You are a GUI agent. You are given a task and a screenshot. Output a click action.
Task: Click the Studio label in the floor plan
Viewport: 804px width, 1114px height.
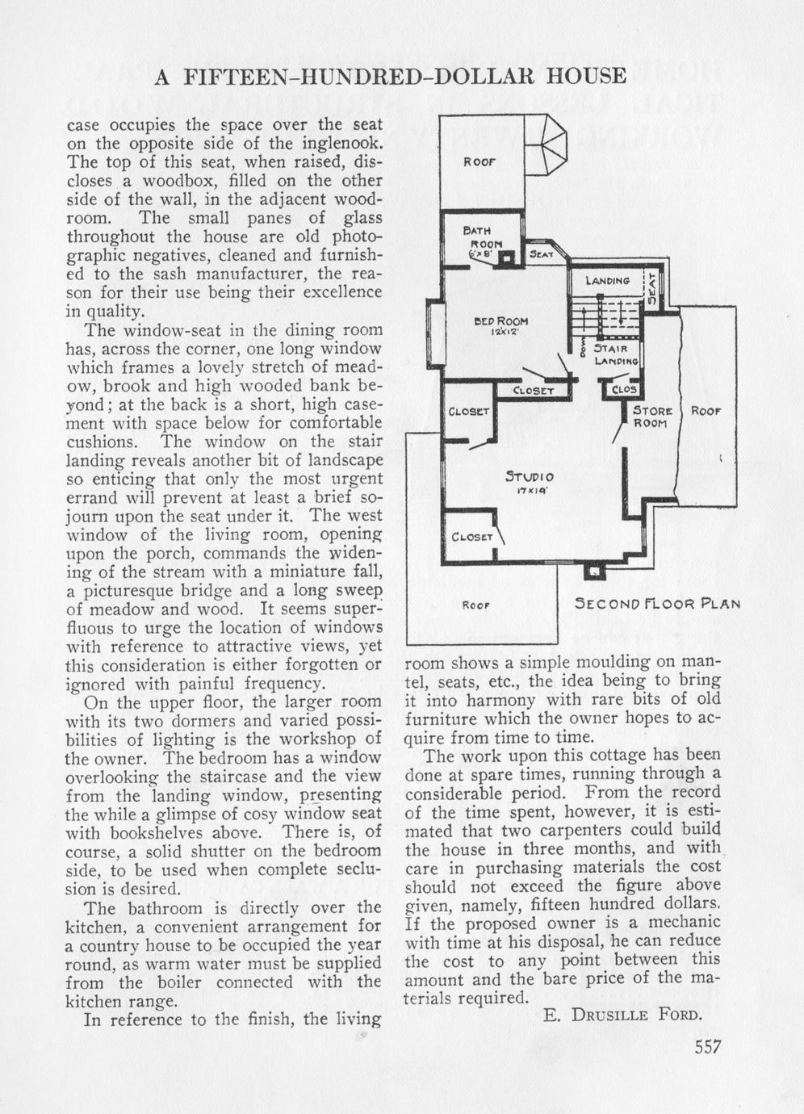(x=530, y=475)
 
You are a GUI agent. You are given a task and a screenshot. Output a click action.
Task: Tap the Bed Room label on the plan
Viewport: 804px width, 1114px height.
(x=501, y=321)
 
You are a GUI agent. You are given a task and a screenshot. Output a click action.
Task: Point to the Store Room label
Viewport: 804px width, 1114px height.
(x=652, y=417)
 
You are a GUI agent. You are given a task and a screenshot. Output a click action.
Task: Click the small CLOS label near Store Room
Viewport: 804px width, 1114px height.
(x=625, y=390)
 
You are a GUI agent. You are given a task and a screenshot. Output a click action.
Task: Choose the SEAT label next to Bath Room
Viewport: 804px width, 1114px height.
(x=541, y=254)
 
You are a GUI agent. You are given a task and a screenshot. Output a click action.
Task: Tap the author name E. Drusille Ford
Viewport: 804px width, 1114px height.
(x=622, y=1015)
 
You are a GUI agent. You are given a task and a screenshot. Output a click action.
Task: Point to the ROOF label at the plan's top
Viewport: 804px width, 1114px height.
(x=478, y=161)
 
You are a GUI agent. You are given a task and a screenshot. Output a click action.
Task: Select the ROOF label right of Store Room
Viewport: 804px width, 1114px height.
(x=705, y=411)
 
